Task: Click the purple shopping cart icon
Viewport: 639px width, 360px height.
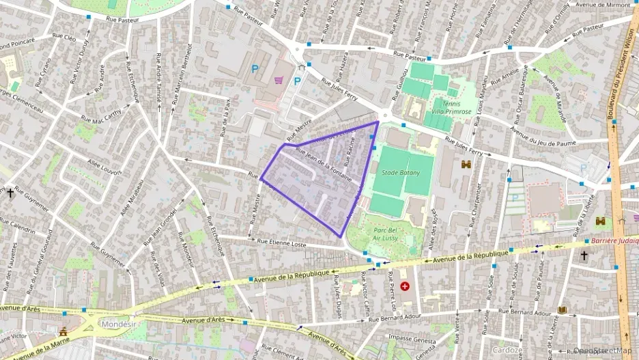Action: [279, 80]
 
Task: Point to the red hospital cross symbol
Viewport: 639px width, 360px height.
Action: [406, 286]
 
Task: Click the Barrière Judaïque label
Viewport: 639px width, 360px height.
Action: [614, 240]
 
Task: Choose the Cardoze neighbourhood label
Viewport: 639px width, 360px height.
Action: [508, 350]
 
